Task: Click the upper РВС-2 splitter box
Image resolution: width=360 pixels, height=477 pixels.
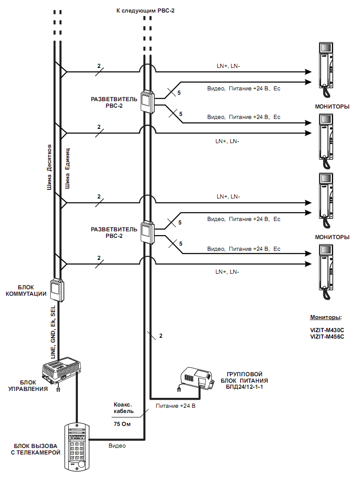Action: coord(147,102)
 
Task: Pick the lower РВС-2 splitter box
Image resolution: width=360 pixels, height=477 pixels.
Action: coord(147,233)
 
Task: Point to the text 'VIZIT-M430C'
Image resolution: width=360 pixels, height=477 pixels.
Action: coord(327,330)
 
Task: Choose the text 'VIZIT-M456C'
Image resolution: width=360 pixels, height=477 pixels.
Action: coord(327,337)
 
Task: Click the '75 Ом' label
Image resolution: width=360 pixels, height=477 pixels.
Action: coord(122,424)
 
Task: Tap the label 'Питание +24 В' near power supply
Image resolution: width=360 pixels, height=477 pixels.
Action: coord(174,407)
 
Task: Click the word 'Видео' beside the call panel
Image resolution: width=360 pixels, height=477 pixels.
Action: coord(117,445)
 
